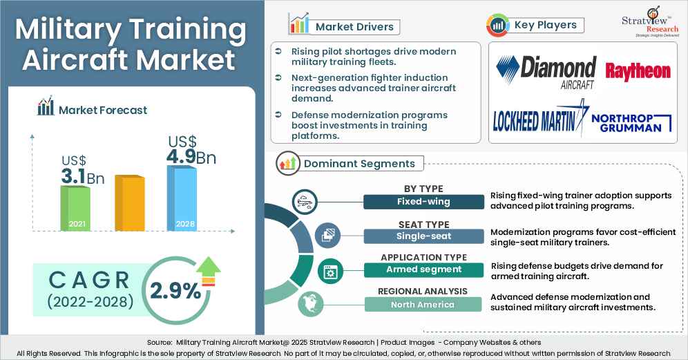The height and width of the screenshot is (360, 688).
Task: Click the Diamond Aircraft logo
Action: pyautogui.click(x=546, y=73)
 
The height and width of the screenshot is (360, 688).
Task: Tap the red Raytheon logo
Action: pyautogui.click(x=638, y=70)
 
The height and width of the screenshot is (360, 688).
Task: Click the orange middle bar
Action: pyautogui.click(x=129, y=203)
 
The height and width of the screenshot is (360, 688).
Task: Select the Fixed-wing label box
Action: pyautogui.click(x=424, y=202)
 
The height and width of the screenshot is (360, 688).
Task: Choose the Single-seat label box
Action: pyautogui.click(x=424, y=236)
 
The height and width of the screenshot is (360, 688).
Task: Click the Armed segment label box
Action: pyautogui.click(x=424, y=269)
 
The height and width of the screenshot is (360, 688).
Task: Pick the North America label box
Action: pyautogui.click(x=424, y=304)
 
